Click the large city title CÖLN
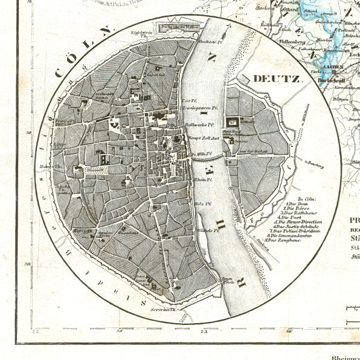click(x=83, y=52)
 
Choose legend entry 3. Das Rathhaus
click(x=298, y=213)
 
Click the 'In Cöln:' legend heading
click(x=297, y=198)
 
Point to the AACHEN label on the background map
click(x=332, y=68)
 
